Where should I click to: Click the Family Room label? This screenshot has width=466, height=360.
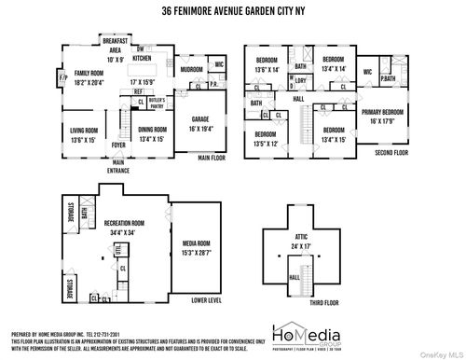(x=89, y=73)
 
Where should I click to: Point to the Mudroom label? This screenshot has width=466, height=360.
(x=191, y=69)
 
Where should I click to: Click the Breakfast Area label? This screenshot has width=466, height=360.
(x=116, y=48)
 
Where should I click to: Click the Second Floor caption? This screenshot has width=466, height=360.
(x=392, y=153)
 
